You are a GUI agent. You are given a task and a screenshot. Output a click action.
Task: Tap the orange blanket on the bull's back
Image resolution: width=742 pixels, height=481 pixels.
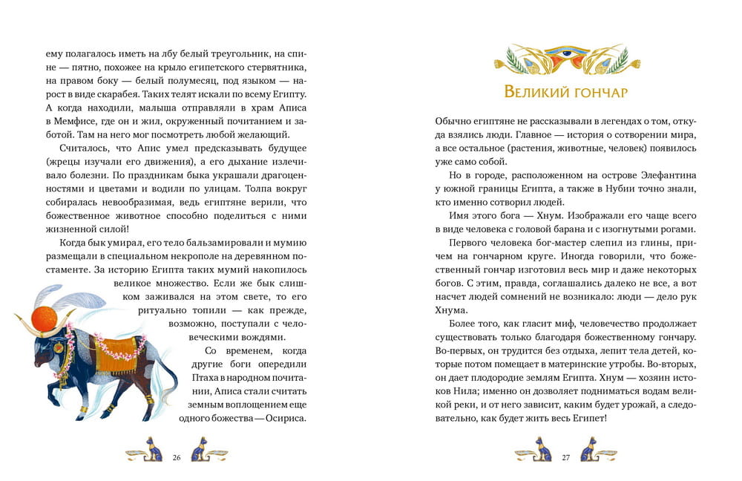[x=112, y=352]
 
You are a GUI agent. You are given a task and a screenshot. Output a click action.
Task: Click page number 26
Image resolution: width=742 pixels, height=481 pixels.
[x=177, y=457]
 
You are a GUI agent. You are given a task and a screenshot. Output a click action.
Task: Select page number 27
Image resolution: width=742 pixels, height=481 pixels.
[x=565, y=457]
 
